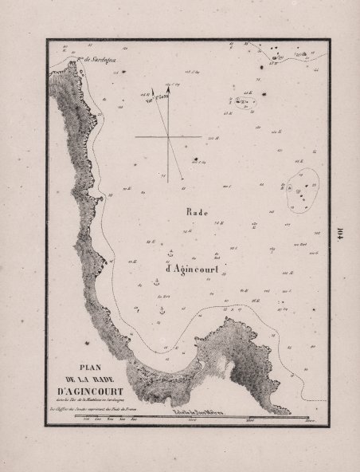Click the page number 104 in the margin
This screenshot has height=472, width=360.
pos(338,235)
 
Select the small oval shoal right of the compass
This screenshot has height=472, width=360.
pos(242,102)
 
